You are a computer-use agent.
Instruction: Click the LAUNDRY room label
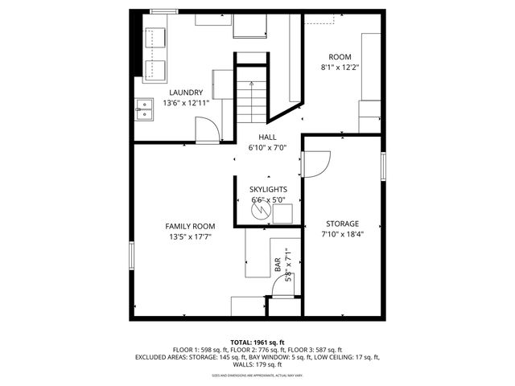coord(186,92)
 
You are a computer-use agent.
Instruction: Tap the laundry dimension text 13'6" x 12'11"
coord(186,104)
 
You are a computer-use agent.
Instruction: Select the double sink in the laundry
coord(145,109)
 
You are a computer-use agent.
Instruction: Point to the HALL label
coord(268,138)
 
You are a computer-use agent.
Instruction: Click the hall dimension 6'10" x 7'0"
coord(268,149)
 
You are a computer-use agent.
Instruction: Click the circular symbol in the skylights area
coord(260,211)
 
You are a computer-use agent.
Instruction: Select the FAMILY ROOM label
coord(190,226)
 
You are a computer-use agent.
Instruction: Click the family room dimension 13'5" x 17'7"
coord(190,237)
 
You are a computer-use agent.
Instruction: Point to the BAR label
coord(278,263)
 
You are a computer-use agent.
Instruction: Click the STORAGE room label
coord(342,223)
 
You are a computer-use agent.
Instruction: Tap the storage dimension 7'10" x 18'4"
coord(342,235)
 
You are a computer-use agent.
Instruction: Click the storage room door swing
coord(315,164)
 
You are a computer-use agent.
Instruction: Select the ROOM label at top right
coord(343,56)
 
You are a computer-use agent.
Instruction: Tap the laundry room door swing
coord(206,129)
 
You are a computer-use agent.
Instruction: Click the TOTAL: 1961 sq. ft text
coord(257,343)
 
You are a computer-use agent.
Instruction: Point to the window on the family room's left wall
coord(131,257)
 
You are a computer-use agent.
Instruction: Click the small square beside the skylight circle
coord(282,214)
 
